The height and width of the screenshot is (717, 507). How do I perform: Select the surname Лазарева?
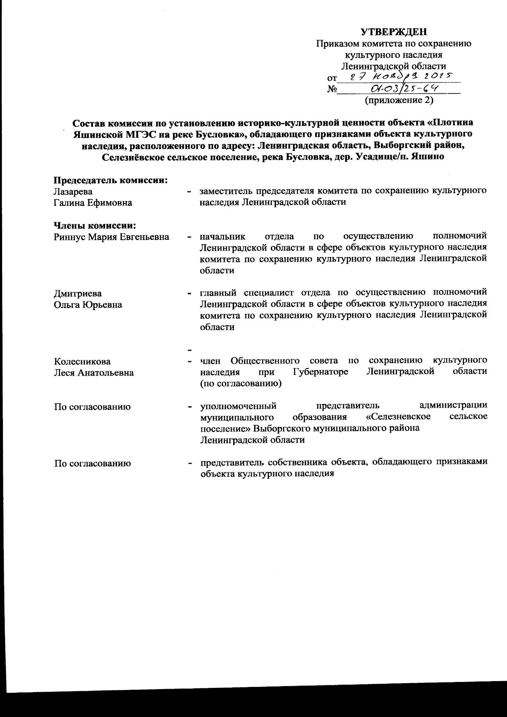point(73,191)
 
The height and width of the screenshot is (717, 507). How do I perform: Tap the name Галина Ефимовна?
point(93,203)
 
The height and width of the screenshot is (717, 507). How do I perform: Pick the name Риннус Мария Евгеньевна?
point(112,237)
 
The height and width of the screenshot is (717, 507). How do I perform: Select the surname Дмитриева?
point(78,293)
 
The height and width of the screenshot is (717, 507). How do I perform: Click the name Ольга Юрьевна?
point(88,305)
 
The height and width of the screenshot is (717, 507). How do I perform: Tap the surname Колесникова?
point(82,361)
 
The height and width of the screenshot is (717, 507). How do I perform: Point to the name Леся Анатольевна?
point(94,373)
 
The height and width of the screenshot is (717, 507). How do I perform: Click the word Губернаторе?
point(320,372)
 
